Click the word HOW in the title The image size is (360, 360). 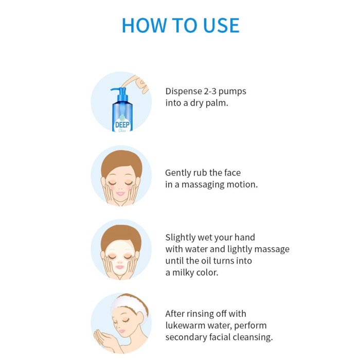[144, 25]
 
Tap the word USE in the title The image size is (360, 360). [221, 25]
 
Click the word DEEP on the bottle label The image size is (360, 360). [122, 125]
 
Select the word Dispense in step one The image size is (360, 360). [184, 92]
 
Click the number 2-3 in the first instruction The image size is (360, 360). [210, 91]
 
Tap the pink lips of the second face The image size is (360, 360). [120, 194]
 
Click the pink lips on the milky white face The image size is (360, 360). [120, 267]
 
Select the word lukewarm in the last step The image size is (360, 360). [185, 326]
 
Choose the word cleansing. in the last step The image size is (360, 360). [253, 337]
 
